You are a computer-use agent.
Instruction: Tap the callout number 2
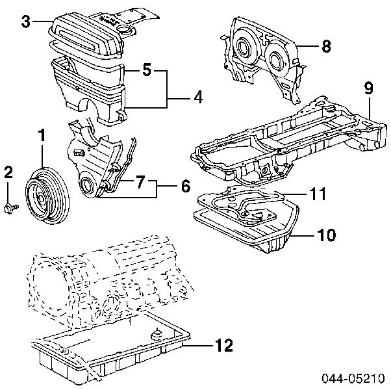click(x=8, y=172)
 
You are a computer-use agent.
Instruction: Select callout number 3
click(x=25, y=21)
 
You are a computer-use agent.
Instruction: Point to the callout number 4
click(x=197, y=98)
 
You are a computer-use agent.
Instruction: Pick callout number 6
click(x=185, y=186)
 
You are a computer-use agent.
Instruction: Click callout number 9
click(x=368, y=87)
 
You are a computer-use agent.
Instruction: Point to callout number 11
click(x=317, y=194)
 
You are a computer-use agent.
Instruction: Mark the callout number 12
click(x=223, y=346)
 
